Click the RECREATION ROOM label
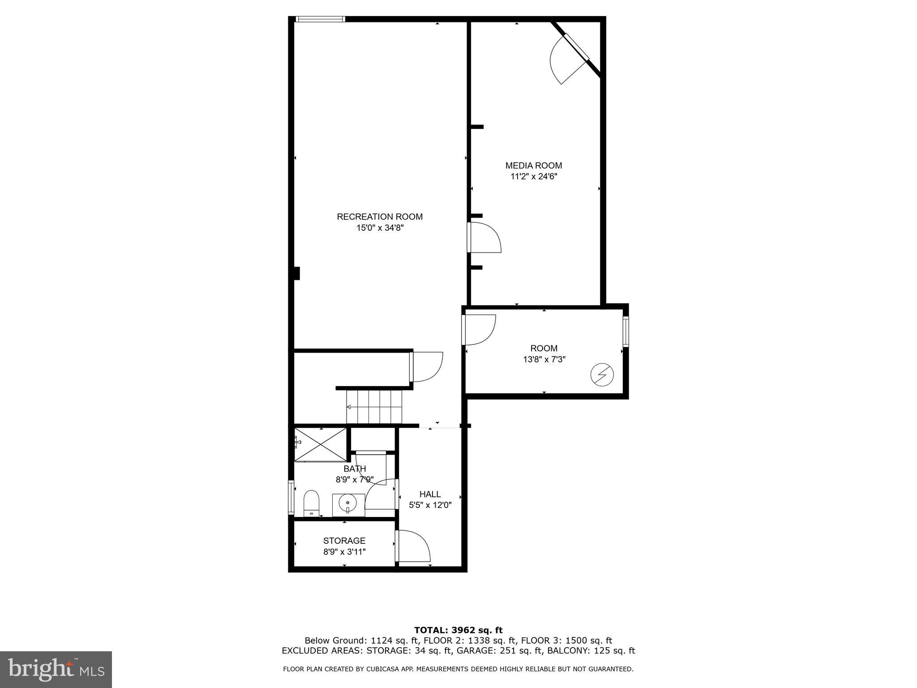[380, 217]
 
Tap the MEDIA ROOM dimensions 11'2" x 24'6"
[534, 176]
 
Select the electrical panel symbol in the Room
[602, 375]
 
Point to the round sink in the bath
[348, 504]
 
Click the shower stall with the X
[321, 444]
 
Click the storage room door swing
[413, 546]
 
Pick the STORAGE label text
[344, 541]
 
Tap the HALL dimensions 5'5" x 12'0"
[430, 505]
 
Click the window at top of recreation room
[321, 19]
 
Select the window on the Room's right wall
[626, 331]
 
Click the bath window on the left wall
[291, 497]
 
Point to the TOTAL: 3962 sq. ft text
[458, 630]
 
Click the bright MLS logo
[56, 669]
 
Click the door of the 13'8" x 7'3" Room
[479, 330]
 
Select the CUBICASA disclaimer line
[458, 669]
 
